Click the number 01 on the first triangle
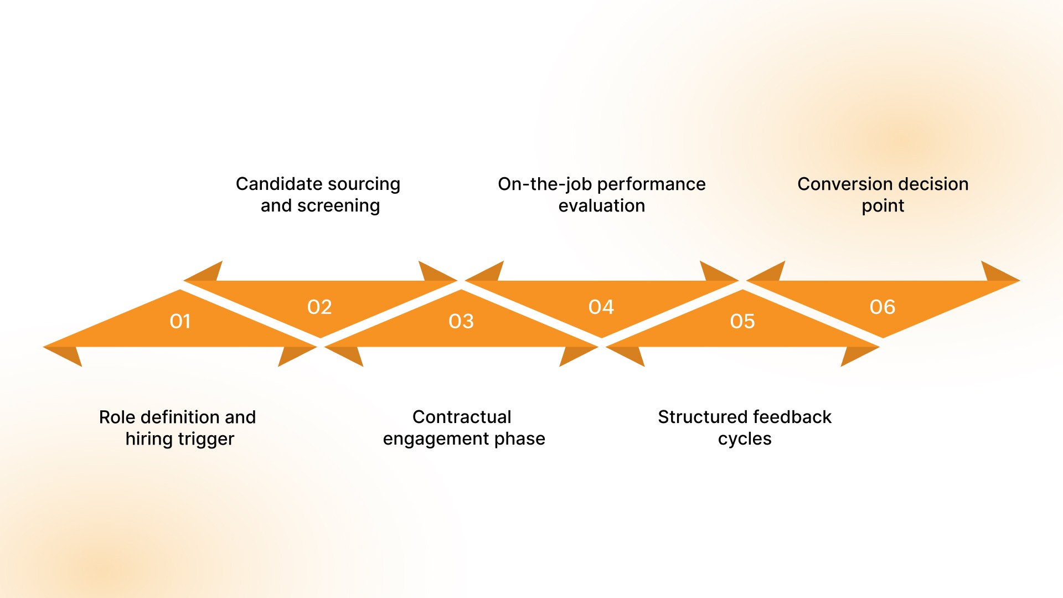click(180, 321)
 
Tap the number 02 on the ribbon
click(319, 307)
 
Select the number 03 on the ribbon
click(461, 321)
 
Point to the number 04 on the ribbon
click(601, 307)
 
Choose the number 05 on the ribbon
click(742, 321)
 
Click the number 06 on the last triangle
click(883, 307)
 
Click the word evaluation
click(602, 206)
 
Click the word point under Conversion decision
click(883, 206)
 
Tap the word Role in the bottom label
click(117, 417)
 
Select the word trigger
click(206, 439)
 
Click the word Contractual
click(462, 417)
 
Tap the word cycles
click(745, 439)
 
